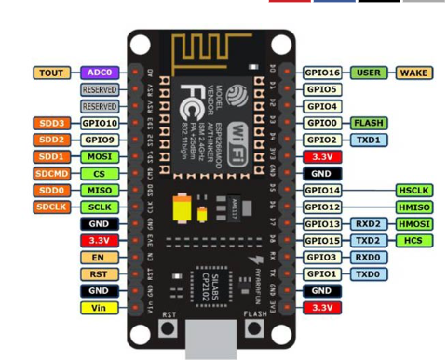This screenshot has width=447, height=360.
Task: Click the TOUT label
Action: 49,73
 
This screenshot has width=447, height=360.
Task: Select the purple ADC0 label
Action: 97,73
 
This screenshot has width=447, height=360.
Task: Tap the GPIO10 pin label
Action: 99,123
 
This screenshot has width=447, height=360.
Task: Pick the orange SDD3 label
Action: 49,123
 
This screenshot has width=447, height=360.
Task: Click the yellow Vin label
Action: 98,306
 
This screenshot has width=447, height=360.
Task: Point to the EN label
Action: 98,257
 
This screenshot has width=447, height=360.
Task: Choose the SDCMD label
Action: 49,173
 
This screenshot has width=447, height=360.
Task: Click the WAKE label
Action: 413,73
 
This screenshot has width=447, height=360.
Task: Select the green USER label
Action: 370,73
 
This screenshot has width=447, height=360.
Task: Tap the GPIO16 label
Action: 322,73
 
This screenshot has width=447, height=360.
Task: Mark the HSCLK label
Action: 413,190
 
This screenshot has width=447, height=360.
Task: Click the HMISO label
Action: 413,207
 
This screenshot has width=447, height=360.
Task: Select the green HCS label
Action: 413,240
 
